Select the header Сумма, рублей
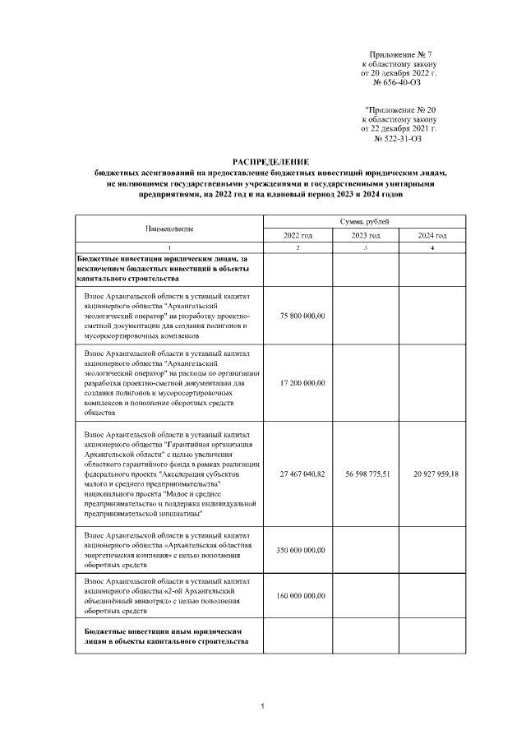coord(364,222)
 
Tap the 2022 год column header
coord(297,236)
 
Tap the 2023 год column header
coord(364,236)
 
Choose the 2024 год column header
coord(432,236)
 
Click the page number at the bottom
coord(261,706)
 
